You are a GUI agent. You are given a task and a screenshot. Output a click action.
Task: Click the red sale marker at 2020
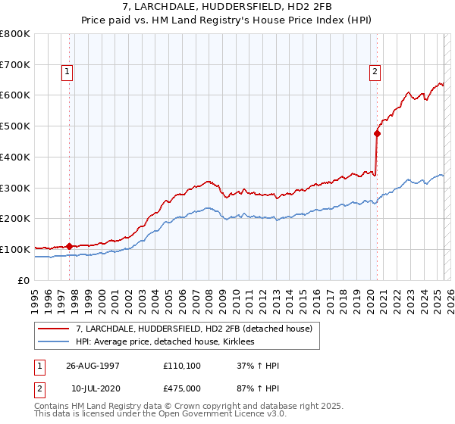[x=377, y=133]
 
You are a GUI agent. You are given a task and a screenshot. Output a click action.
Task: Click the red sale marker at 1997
[x=69, y=246]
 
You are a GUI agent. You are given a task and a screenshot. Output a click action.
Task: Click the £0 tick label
[x=24, y=280]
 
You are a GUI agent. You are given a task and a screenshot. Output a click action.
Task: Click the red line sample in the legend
[x=53, y=329]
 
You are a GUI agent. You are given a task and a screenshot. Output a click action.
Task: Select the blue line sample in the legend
[x=53, y=342]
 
